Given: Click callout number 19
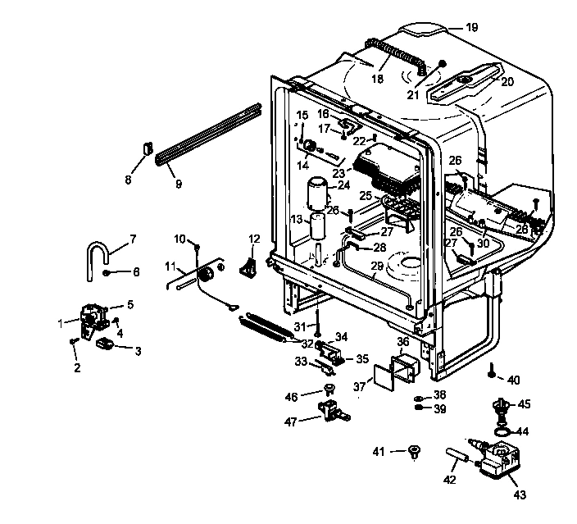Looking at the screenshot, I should click(x=471, y=28).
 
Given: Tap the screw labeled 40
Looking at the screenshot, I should click(x=491, y=370).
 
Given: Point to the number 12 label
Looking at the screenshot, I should click(x=254, y=239).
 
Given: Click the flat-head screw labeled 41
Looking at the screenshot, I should click(x=413, y=450).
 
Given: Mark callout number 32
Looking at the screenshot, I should click(x=307, y=344).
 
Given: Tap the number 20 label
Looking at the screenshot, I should click(x=507, y=81).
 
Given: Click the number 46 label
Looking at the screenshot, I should click(x=291, y=397).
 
